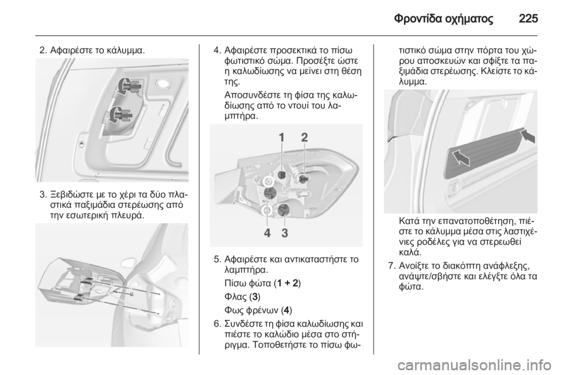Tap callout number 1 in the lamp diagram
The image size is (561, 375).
[x=282, y=137]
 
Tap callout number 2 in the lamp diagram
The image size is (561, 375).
[x=304, y=137]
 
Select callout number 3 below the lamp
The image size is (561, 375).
[x=285, y=233]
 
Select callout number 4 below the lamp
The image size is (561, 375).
[x=268, y=233]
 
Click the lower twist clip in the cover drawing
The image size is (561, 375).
[x=120, y=114]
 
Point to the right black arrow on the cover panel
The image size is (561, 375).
[x=528, y=136]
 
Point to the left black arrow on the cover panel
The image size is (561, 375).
[x=460, y=158]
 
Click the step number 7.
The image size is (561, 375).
[x=392, y=266]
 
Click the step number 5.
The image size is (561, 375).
[x=217, y=259]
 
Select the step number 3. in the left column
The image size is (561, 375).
[x=43, y=195]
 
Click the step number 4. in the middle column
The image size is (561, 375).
[x=217, y=50]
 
